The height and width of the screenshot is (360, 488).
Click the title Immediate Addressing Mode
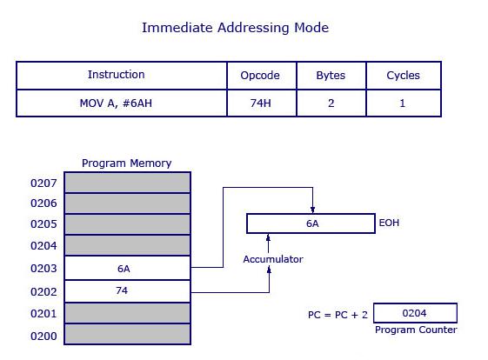[235, 28]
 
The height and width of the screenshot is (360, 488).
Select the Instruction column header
[117, 75]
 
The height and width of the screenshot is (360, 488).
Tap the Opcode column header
[260, 76]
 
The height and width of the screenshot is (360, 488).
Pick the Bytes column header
[331, 76]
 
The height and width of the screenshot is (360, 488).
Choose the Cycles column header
[403, 76]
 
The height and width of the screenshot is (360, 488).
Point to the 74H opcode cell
[260, 103]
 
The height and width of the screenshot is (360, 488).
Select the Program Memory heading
[126, 163]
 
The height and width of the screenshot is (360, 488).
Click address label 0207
[43, 183]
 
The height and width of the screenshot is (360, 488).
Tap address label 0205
[43, 224]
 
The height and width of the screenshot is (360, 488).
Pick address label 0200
[43, 336]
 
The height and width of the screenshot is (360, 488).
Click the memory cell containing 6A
[127, 269]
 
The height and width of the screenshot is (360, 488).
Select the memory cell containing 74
[127, 290]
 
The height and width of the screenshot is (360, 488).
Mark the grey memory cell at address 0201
[127, 312]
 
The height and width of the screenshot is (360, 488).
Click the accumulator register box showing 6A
[311, 223]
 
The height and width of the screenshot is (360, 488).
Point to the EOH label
[390, 223]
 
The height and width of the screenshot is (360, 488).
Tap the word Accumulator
[273, 259]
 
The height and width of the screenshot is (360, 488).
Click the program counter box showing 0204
[415, 313]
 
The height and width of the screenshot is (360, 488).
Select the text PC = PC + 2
[338, 314]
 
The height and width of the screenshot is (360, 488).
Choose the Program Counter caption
[416, 330]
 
